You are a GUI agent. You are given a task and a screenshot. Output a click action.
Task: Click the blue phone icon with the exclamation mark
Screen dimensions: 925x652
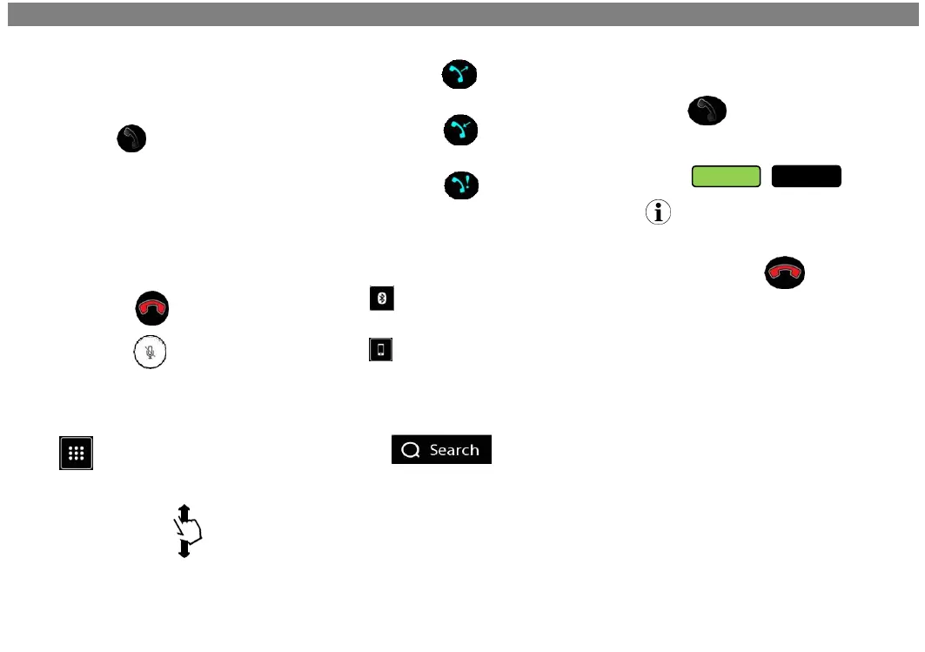pyautogui.click(x=460, y=185)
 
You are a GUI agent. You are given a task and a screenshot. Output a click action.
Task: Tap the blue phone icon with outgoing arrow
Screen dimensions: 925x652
pyautogui.click(x=460, y=76)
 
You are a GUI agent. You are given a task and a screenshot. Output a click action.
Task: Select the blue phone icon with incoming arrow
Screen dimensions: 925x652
pyautogui.click(x=460, y=131)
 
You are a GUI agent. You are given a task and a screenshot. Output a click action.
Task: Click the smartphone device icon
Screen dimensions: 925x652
pyautogui.click(x=380, y=350)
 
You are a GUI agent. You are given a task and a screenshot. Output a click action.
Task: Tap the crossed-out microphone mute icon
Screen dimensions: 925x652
pyautogui.click(x=151, y=353)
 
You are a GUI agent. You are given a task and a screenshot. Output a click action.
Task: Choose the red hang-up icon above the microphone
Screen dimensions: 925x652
pyautogui.click(x=151, y=309)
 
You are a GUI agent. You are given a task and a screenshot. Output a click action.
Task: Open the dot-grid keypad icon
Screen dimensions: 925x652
pyautogui.click(x=77, y=454)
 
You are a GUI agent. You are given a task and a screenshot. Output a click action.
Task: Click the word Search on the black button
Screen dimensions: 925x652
pyautogui.click(x=454, y=450)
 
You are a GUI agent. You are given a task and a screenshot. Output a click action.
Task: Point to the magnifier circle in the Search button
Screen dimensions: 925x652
pyautogui.click(x=411, y=450)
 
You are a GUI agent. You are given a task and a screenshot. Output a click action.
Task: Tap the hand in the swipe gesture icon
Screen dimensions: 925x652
pyautogui.click(x=187, y=528)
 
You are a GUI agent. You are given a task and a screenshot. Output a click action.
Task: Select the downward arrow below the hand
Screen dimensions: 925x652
pyautogui.click(x=184, y=549)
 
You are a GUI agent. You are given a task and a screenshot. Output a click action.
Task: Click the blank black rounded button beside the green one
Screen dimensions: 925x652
pyautogui.click(x=807, y=176)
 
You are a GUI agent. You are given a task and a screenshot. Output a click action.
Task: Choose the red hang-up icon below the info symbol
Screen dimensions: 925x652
pyautogui.click(x=785, y=273)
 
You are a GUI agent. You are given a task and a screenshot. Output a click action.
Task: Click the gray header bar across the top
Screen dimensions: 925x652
pyautogui.click(x=462, y=14)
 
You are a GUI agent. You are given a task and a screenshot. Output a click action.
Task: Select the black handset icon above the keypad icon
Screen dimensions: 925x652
pyautogui.click(x=132, y=139)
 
